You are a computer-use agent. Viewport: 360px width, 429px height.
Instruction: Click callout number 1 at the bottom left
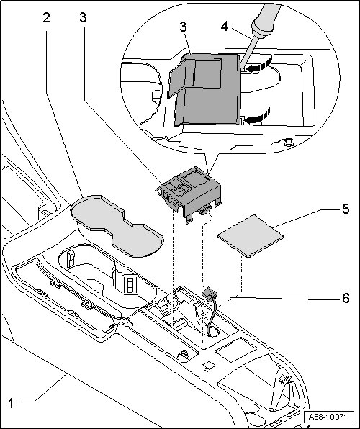tap(11, 403)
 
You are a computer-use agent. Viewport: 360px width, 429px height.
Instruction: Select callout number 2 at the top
tap(47, 18)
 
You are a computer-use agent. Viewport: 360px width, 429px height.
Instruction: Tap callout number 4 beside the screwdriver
tap(225, 27)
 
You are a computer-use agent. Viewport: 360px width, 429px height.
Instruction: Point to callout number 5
tap(346, 209)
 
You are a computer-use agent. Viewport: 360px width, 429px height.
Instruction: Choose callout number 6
tap(346, 298)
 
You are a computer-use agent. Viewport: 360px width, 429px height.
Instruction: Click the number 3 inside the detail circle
tap(183, 27)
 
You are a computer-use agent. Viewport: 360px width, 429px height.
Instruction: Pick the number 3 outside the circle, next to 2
tap(83, 18)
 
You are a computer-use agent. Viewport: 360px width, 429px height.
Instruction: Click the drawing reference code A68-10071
tap(328, 417)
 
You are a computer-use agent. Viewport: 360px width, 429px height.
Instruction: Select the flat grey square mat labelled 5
tap(251, 236)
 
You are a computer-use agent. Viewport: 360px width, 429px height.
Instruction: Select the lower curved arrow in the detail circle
tap(257, 116)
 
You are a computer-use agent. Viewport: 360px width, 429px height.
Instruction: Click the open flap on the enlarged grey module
tap(181, 78)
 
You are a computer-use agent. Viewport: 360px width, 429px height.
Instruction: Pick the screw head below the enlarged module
tap(289, 142)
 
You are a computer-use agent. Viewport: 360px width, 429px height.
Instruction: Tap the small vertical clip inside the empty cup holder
tap(71, 259)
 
